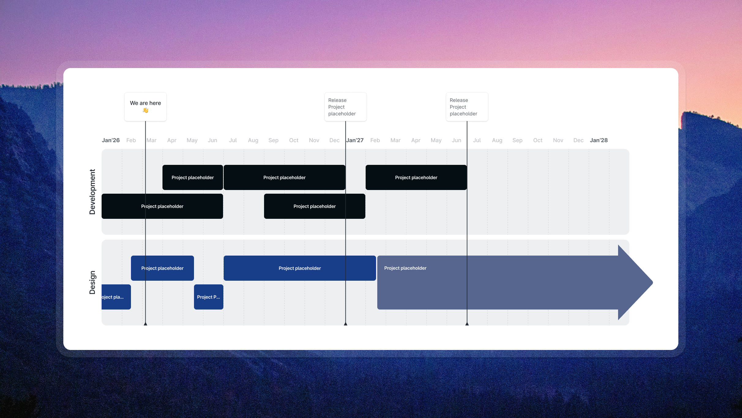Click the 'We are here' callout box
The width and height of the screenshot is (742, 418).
point(145,106)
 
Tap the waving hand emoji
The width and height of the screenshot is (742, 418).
point(146,110)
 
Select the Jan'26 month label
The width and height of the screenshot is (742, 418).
point(111,140)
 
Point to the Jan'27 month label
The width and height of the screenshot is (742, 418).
point(355,140)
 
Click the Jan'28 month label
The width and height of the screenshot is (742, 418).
point(598,140)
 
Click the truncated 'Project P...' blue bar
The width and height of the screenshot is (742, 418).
point(208,297)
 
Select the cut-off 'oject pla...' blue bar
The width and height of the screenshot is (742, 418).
point(116,297)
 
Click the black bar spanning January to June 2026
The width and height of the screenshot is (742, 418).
point(162,206)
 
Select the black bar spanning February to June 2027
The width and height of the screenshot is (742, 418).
point(416,177)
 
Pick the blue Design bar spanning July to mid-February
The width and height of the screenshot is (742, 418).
point(300,268)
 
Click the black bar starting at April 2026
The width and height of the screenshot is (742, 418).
point(192,177)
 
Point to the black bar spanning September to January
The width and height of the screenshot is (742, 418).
point(314,206)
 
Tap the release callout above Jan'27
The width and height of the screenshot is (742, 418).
point(345,107)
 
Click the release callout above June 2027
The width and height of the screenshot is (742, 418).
point(467,107)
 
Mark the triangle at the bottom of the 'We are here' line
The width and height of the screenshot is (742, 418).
point(146,324)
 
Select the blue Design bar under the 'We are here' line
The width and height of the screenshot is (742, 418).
point(162,268)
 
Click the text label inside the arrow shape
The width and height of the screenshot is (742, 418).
point(405,268)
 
